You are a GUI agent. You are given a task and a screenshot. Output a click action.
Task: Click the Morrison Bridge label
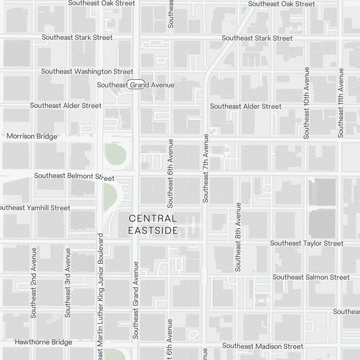pyautogui.click(x=32, y=136)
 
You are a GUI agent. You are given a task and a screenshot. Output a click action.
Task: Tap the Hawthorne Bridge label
pyautogui.click(x=43, y=342)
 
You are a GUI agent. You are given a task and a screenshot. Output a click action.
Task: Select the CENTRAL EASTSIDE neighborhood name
pyautogui.click(x=153, y=224)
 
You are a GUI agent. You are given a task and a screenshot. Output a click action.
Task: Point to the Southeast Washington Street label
pyautogui.click(x=87, y=71)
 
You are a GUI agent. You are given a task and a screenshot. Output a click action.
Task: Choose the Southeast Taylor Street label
pyautogui.click(x=307, y=243)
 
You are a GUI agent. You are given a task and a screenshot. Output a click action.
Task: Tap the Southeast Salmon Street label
pyautogui.click(x=311, y=277)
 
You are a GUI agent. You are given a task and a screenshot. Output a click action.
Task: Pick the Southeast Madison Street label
pyautogui.click(x=263, y=346)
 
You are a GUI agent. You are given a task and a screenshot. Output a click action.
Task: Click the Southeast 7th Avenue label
pyautogui.click(x=206, y=168)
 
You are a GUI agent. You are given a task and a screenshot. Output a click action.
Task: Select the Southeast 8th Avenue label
pyautogui.click(x=238, y=237)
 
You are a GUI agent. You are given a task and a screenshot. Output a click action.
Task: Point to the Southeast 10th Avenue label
pyautogui.click(x=306, y=103)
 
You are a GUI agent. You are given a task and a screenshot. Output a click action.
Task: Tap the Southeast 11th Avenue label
pyautogui.click(x=341, y=103)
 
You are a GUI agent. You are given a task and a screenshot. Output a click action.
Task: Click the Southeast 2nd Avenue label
pyautogui.click(x=33, y=283)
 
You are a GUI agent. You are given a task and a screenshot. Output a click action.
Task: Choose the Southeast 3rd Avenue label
pyautogui.click(x=67, y=283)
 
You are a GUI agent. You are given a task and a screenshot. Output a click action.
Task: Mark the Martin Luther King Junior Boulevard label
pyautogui.click(x=100, y=295)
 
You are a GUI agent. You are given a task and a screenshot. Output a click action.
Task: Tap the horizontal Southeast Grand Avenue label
pyautogui.click(x=136, y=85)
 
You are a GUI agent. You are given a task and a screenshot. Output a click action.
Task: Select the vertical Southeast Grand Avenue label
pyautogui.click(x=135, y=300)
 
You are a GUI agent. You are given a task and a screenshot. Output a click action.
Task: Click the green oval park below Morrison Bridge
pyautogui.click(x=116, y=154)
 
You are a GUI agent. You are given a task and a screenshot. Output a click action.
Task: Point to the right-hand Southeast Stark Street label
pyautogui.click(x=257, y=38)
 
